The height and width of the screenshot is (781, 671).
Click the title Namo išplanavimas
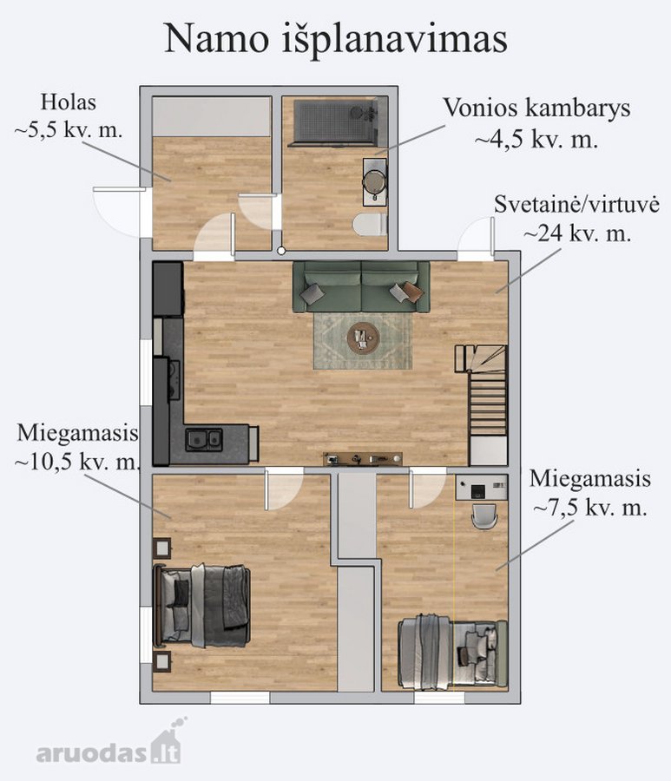click(336, 39)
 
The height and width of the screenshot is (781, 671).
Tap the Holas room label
click(69, 102)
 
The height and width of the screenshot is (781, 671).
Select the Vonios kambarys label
click(537, 108)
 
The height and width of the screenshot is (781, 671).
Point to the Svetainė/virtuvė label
click(577, 204)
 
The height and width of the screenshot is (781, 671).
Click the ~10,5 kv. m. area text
click(76, 463)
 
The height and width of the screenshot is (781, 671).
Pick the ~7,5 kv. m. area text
click(590, 508)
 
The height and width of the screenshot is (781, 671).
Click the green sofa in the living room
click(361, 287)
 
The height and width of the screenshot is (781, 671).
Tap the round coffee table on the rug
click(363, 338)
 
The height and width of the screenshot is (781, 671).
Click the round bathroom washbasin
click(374, 180)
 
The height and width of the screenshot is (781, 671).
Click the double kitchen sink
click(204, 439)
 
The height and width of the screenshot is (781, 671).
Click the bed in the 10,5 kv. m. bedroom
click(201, 605)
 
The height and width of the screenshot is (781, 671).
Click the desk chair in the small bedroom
click(484, 515)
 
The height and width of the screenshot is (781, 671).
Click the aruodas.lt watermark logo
click(109, 745)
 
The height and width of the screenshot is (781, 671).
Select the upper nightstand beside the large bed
click(162, 548)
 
